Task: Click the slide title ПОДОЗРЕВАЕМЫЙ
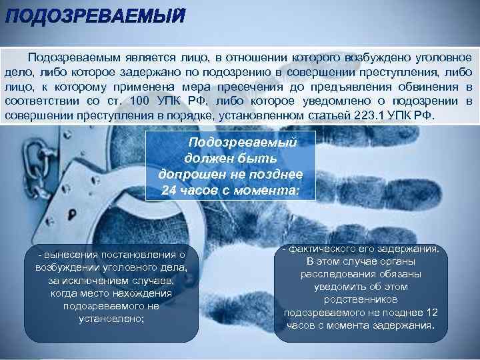[93, 17]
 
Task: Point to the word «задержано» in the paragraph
[117, 72]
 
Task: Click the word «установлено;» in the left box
[111, 318]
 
